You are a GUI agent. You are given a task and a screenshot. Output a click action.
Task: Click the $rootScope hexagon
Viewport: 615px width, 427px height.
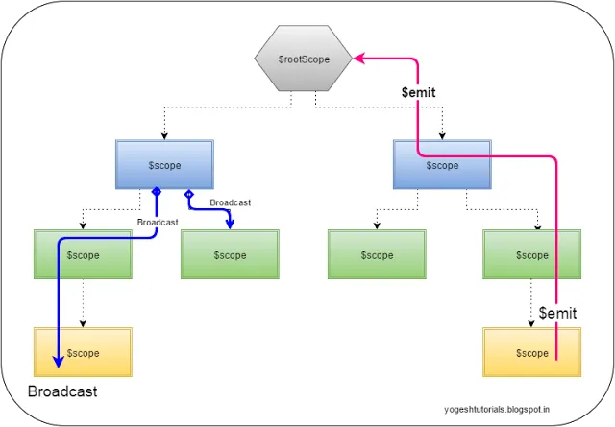304,59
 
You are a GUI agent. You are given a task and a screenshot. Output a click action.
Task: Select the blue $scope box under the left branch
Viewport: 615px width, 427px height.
164,165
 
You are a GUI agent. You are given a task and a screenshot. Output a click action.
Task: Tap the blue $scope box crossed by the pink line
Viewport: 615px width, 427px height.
442,165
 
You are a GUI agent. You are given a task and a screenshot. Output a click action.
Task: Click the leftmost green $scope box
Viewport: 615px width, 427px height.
82,255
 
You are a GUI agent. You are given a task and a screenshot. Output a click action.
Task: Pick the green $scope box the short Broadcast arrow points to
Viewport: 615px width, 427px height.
230,255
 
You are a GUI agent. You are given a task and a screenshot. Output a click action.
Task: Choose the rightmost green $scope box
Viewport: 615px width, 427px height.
531,255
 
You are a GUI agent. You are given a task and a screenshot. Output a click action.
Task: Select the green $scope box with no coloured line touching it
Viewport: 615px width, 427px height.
376,255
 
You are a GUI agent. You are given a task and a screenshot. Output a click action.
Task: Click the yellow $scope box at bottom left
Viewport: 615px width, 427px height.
82,353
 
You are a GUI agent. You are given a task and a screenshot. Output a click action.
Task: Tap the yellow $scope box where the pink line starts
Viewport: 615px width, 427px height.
531,353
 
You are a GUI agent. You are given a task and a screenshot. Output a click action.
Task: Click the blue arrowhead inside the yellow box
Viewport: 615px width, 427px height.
58,362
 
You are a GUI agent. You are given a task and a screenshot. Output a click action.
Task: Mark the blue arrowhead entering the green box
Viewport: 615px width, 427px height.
231,225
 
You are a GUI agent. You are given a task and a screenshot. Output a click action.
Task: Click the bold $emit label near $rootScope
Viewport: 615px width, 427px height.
419,92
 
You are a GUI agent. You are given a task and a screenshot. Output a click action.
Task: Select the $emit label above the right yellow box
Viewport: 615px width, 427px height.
556,313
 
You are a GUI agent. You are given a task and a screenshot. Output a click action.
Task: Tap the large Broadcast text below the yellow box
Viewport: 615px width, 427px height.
62,392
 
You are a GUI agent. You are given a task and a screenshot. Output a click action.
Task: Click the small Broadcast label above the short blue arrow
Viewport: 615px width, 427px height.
230,202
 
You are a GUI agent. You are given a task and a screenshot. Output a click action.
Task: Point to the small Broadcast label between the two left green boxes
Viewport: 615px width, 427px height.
157,222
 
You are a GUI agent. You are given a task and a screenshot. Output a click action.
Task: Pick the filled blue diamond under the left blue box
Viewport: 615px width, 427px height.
155,194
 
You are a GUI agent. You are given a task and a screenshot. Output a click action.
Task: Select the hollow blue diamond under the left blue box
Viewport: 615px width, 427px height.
188,194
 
